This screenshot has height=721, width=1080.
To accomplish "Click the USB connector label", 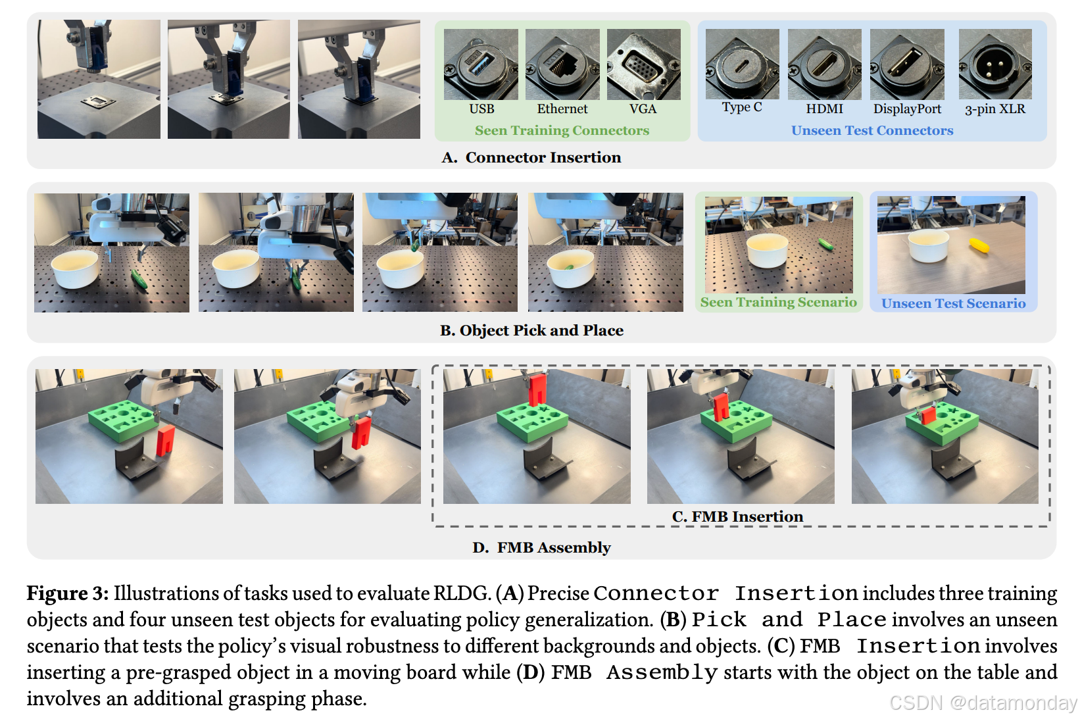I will click(481, 109).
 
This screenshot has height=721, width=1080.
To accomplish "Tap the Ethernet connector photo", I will click(562, 64).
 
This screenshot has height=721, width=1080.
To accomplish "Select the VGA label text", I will click(643, 109).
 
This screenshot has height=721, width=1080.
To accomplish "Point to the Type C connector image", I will click(742, 64).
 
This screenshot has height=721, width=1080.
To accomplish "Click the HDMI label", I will click(824, 109).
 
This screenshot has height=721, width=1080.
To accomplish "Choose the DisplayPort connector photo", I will click(906, 64).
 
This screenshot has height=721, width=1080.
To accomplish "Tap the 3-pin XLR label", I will click(994, 109).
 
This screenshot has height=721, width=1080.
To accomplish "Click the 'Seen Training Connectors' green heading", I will click(562, 130).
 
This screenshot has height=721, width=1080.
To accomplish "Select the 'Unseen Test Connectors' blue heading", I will click(871, 130).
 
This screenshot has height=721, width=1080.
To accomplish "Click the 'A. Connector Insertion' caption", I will click(531, 157).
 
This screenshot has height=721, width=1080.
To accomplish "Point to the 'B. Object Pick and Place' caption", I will click(531, 330).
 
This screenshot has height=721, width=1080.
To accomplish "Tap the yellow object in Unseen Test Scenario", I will click(979, 246).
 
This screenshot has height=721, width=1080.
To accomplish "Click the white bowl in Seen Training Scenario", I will click(768, 250).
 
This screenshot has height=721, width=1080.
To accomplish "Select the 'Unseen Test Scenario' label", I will click(953, 303).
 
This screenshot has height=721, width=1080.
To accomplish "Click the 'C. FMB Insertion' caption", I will click(737, 516).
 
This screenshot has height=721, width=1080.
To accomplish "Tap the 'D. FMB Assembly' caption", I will click(541, 547).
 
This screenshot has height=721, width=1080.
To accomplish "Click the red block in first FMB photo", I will click(164, 440).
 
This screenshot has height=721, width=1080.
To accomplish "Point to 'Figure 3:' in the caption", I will click(67, 593).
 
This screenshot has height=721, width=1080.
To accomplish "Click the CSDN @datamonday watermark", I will click(983, 703).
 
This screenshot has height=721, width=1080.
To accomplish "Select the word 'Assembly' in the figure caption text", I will click(662, 672).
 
